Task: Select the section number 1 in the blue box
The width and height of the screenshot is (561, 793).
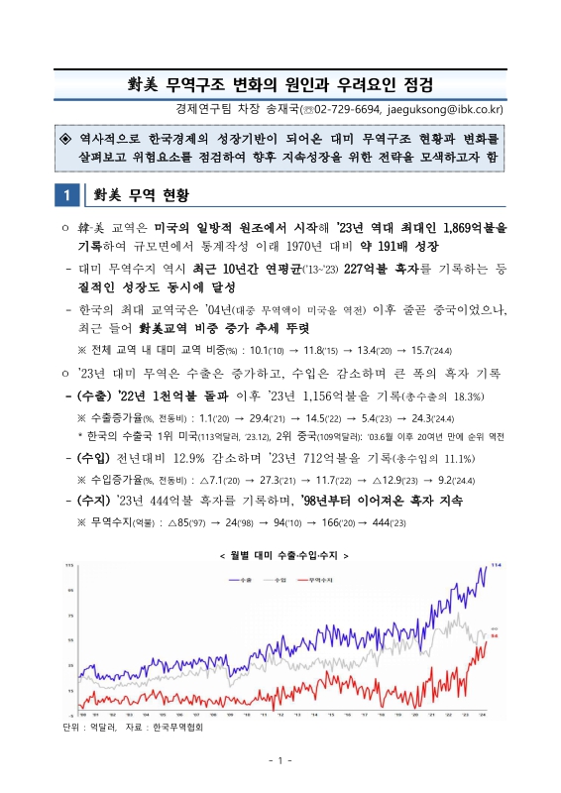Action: tap(65, 193)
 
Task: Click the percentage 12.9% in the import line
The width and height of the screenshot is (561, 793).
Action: tap(186, 459)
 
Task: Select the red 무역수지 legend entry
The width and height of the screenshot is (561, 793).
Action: tap(317, 578)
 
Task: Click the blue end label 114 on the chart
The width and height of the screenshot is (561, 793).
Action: tap(498, 566)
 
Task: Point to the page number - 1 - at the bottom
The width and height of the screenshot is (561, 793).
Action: tap(280, 760)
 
